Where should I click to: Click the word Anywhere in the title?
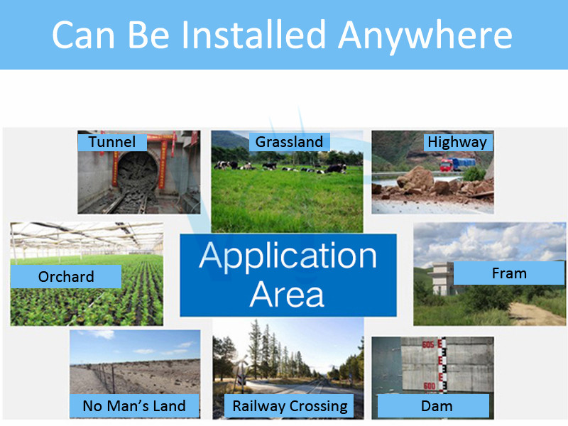425,35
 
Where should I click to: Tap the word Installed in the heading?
253,34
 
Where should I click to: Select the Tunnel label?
112,142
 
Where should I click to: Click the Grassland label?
289,141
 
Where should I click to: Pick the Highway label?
457,143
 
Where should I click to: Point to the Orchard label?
66,276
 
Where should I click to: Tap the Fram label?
509,273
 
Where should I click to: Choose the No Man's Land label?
134,405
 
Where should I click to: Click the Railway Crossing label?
290,406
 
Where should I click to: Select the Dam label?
437,406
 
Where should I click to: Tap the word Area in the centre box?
287,294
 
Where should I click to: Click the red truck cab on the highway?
446,165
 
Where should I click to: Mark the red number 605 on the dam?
428,344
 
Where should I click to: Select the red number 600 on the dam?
430,386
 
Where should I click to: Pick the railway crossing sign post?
241,371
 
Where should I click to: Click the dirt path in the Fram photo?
535,314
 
